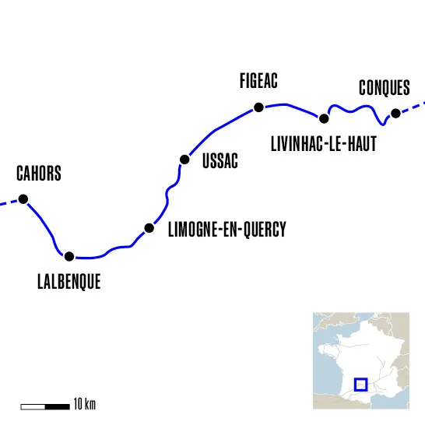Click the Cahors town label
(39, 173)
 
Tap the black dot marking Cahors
(23, 199)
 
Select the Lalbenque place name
(68, 282)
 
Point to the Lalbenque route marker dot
(69, 256)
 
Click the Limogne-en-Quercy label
(227, 229)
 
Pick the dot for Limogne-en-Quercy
(149, 228)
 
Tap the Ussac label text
(220, 161)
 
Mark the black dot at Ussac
(184, 160)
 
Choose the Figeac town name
(259, 80)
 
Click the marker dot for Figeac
(259, 107)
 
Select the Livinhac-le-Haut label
(323, 144)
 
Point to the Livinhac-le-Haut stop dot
(324, 118)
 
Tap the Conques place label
(385, 88)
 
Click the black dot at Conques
(395, 114)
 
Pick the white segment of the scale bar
(33, 406)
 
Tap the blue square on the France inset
(360, 384)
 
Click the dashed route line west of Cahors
(8, 203)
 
